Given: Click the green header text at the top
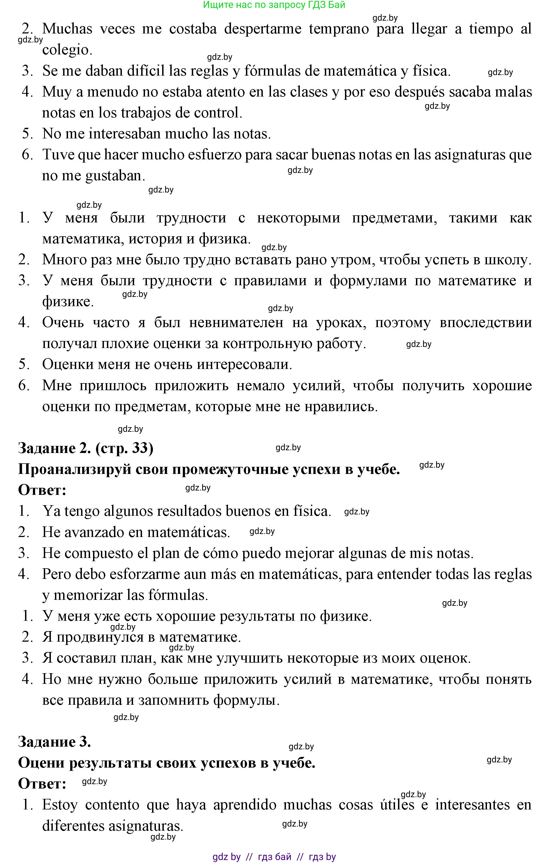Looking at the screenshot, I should [x=274, y=5].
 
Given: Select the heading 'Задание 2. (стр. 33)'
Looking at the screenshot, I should [x=86, y=448].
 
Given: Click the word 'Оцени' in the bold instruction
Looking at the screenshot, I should [x=41, y=763].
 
